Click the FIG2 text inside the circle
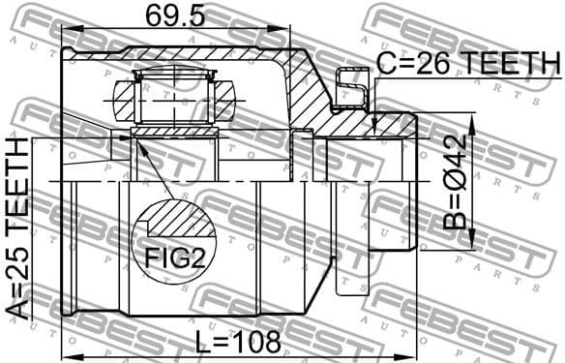174,258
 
